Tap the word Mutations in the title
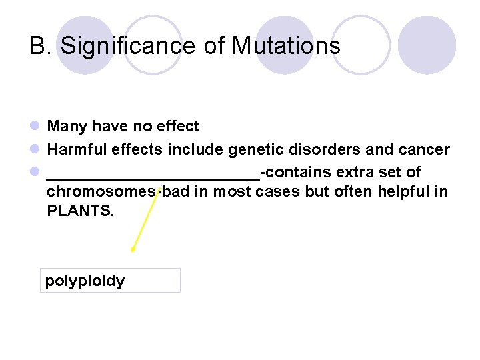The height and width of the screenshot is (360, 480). [286, 46]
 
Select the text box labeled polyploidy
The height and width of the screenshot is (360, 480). [110, 281]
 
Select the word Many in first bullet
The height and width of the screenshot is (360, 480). [64, 127]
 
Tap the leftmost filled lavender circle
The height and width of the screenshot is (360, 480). [85, 45]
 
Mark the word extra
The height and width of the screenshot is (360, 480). [355, 173]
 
